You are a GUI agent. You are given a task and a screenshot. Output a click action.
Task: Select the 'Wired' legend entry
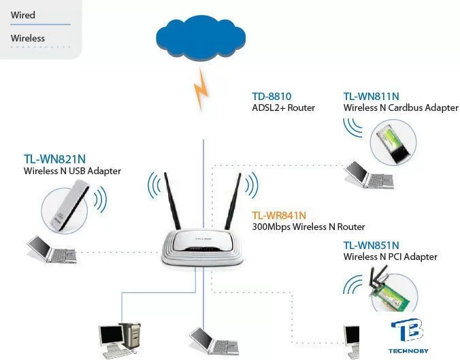click(23, 15)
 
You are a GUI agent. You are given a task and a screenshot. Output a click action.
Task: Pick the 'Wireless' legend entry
click(28, 38)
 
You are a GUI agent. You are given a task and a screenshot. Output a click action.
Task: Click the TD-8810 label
click(272, 97)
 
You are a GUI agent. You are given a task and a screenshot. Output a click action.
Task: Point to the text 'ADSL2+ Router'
click(283, 108)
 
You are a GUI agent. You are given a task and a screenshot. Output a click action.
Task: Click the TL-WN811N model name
click(371, 97)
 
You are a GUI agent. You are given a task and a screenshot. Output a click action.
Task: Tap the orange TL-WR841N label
click(279, 215)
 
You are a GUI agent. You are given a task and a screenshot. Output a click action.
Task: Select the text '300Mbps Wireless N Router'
click(308, 227)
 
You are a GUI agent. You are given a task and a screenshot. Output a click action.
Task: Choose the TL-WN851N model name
click(371, 245)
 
